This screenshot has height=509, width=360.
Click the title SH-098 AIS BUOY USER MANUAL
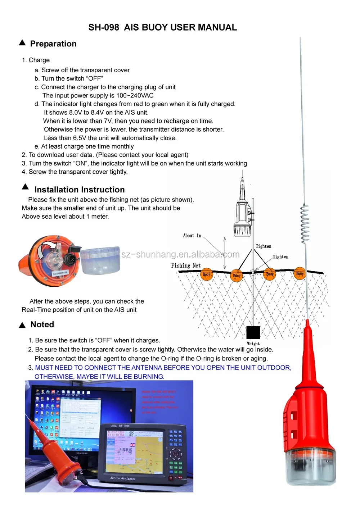163,27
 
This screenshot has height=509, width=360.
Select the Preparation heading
53,44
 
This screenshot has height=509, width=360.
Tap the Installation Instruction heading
79,190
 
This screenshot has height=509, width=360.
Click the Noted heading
42,324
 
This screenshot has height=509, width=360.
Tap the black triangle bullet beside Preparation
22,43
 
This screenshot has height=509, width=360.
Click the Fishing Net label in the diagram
186,265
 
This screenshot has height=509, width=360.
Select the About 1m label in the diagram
192,236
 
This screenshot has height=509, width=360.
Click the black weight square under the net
253,333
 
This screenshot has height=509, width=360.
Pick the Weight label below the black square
253,344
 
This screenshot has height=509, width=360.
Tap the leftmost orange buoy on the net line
206,274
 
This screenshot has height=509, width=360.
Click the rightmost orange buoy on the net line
300,274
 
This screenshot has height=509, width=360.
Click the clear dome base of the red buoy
310,466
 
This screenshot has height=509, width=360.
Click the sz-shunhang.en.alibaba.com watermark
180,254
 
